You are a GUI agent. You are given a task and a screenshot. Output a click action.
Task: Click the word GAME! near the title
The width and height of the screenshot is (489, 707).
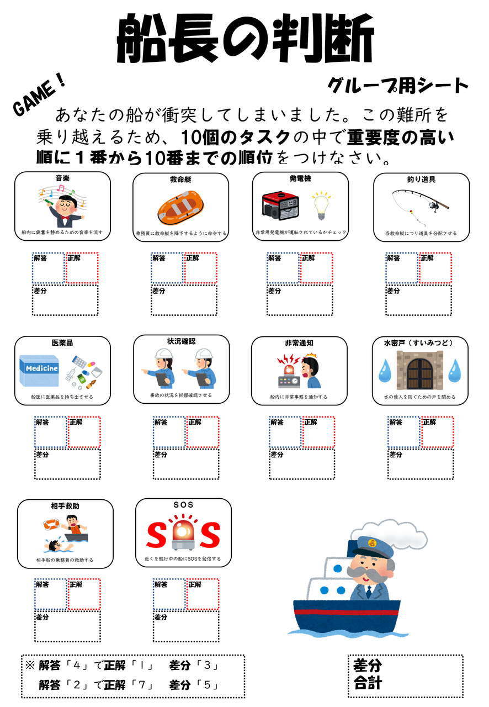pos(39,97)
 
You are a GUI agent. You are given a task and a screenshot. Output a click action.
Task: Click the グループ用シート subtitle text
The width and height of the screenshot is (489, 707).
pos(397,86)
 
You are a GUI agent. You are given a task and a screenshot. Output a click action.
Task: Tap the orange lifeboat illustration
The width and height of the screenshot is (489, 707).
pos(181,208)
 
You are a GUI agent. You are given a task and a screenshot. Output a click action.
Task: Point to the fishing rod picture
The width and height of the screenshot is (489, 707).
pos(421,206)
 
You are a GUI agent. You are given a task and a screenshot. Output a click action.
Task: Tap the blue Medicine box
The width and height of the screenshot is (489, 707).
pos(39,371)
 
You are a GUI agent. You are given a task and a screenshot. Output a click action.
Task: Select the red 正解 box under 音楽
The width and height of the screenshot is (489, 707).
pos(83,268)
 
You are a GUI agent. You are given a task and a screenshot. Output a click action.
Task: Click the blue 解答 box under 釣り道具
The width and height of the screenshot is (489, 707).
pos(402,268)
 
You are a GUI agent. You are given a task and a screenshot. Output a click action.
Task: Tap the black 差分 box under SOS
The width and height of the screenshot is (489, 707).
pos(185,626)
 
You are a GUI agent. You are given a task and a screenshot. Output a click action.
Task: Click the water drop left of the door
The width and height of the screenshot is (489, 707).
pos(385,371)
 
